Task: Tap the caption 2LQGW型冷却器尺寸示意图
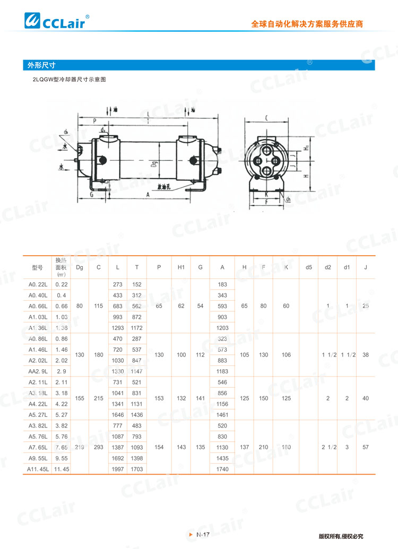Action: click(70, 80)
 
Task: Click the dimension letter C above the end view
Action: click(266, 118)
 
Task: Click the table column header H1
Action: click(181, 267)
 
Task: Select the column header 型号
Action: click(37, 267)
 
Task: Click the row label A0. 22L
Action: click(38, 285)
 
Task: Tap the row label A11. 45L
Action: click(38, 469)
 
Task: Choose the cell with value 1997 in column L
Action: click(117, 469)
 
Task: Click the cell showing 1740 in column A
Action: click(222, 469)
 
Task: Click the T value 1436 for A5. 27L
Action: click(137, 415)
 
